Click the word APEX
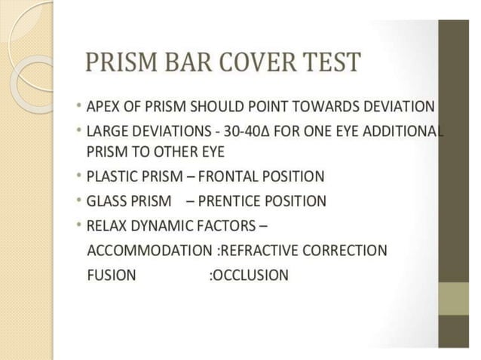(x=103, y=106)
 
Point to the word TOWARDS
(x=339, y=106)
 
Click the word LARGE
(x=106, y=131)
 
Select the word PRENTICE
(x=229, y=202)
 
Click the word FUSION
(x=112, y=275)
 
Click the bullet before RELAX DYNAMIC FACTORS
(x=79, y=226)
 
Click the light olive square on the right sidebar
(x=454, y=297)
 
